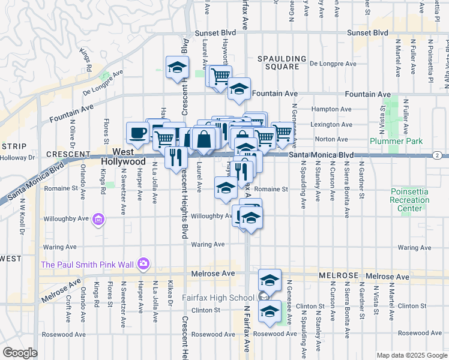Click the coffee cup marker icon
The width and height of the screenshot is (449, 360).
click(x=137, y=133)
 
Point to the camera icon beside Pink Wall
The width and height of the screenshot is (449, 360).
click(x=143, y=263)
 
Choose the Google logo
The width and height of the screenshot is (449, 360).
click(x=20, y=352)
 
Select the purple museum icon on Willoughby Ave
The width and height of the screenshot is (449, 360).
click(x=98, y=221)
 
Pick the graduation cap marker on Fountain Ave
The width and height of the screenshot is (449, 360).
click(x=239, y=89)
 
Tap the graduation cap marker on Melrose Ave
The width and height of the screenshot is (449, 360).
click(x=270, y=280)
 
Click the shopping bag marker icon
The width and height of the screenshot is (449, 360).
click(x=205, y=138)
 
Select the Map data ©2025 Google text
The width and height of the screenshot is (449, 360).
click(x=411, y=355)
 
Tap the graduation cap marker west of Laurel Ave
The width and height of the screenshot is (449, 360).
click(x=177, y=67)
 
